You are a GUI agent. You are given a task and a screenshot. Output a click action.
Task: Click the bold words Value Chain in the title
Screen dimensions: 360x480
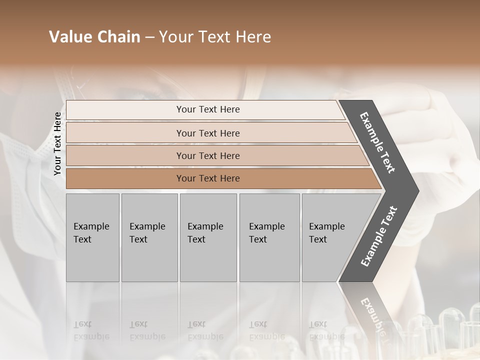pos(94,37)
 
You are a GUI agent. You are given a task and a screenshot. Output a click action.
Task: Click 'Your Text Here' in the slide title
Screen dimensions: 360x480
pos(215,37)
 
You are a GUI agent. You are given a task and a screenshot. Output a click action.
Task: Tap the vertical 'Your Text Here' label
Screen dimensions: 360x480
pos(57,144)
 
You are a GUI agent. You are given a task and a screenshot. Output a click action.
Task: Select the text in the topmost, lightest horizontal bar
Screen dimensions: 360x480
pos(208,109)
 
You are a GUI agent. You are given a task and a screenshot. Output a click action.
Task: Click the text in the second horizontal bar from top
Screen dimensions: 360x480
pos(208,133)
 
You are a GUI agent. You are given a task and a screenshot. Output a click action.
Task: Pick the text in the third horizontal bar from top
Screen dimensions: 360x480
pos(208,156)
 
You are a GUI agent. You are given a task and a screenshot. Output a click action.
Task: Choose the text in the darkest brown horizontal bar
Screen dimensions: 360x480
pos(208,178)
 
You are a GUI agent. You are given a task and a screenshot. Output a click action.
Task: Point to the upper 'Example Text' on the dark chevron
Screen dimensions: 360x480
pos(377,142)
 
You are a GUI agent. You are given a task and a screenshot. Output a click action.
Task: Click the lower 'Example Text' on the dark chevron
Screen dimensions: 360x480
pos(379,236)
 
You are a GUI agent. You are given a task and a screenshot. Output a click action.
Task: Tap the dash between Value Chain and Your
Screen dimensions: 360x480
pos(149,37)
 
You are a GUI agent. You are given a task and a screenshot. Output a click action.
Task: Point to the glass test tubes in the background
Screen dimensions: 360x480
pos(450,327)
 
